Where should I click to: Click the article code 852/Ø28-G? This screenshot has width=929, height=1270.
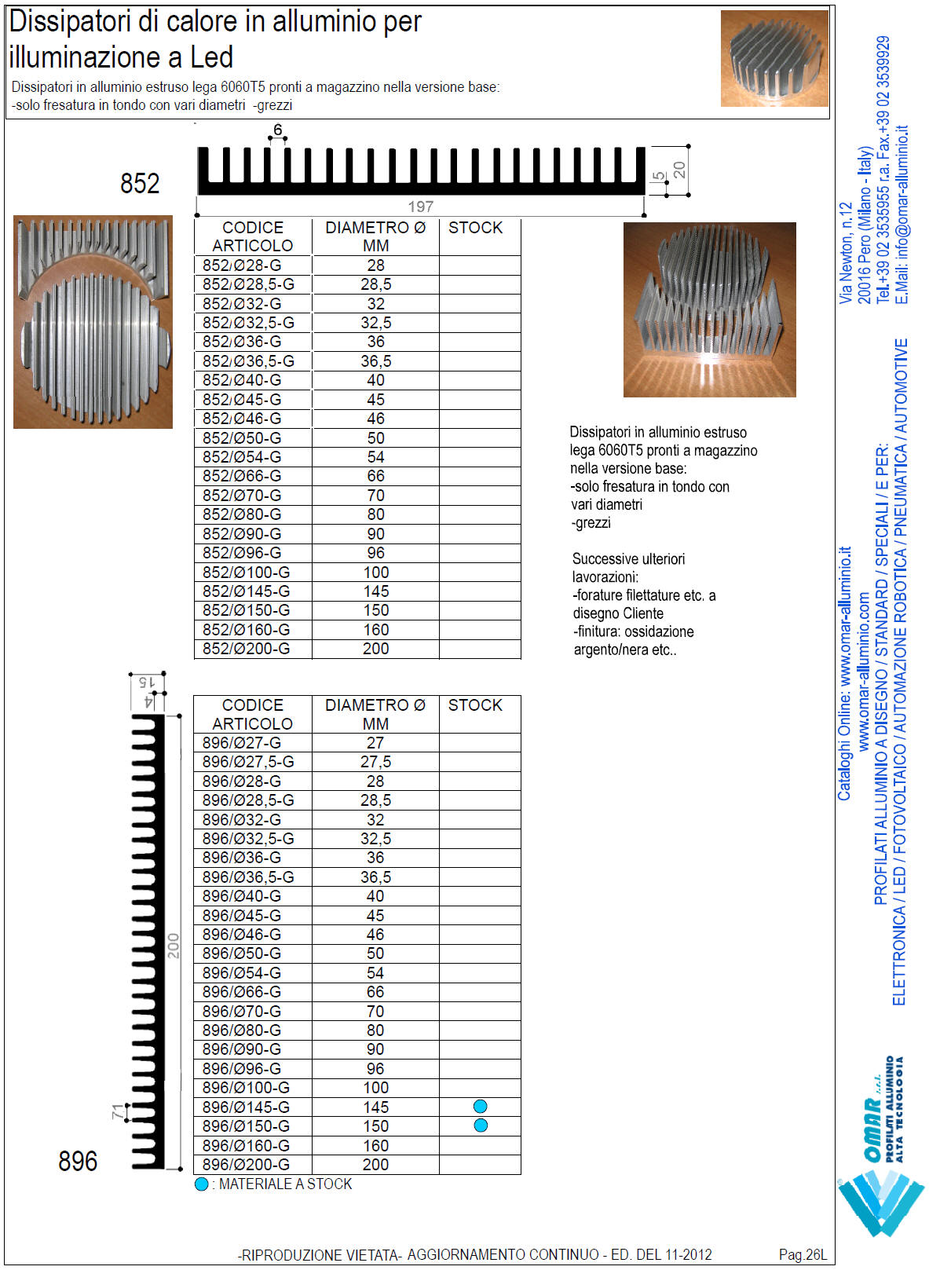coord(242,265)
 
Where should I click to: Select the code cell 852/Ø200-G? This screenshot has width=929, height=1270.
coord(246,649)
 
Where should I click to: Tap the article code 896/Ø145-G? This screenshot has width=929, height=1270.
coord(246,1107)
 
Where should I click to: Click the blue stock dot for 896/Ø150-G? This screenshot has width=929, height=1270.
coord(481,1125)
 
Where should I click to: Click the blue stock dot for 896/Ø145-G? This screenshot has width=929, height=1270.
coord(481,1106)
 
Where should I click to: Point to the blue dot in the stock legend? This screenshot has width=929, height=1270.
coord(202,1184)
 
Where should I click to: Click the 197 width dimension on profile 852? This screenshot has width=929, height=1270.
coord(421,207)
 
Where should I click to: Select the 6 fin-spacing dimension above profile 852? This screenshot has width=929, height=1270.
coord(277,130)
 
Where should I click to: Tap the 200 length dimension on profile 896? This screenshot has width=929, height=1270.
coord(174,946)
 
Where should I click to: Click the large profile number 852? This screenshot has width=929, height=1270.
coord(140,184)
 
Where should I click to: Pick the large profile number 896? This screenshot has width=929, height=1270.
coord(78,1161)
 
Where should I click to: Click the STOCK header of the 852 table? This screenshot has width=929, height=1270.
coord(475,228)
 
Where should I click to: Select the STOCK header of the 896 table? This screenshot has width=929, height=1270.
coord(475,705)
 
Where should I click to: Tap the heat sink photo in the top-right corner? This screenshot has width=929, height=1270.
coord(774,58)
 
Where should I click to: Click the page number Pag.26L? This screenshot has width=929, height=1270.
coord(803,1254)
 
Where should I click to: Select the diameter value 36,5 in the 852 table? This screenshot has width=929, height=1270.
coord(376,361)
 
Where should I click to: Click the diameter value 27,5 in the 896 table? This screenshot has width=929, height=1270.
coord(375,762)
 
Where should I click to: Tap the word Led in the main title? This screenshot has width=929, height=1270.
coord(211,57)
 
